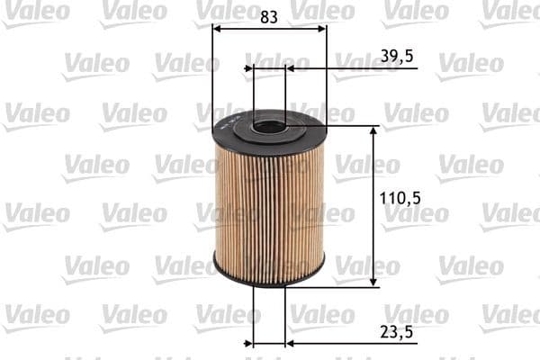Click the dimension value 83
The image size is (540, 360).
(268, 16)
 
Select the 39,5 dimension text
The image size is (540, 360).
(397, 56)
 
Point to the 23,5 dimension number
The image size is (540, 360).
(397, 331)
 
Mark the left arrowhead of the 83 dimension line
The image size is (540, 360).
(217, 29)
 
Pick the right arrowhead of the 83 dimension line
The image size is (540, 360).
(321, 29)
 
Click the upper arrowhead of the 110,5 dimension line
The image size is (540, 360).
(373, 131)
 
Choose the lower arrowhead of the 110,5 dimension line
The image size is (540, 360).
(373, 281)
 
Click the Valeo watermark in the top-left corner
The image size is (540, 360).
(35, 11)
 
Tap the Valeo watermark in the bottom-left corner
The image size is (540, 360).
(35, 315)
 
